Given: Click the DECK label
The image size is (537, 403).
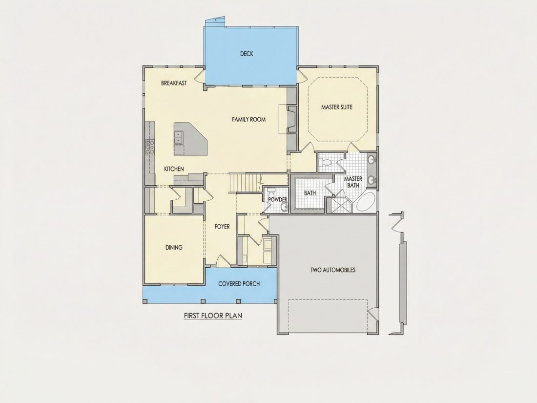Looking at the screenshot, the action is coord(247,53).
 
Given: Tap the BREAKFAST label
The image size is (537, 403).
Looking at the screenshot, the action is coord(174,83).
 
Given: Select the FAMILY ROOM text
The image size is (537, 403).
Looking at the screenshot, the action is coord(248,119).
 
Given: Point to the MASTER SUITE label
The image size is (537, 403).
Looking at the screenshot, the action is coord(337,107).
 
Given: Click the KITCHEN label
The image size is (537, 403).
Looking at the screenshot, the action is coord(174,169).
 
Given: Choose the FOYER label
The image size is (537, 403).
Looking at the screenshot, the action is coord(222,227).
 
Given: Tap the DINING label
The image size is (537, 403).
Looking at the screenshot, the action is coord(174,248).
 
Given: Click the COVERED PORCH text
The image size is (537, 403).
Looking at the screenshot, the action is coord(239,284).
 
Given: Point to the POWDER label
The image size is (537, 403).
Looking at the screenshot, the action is coord(278,199).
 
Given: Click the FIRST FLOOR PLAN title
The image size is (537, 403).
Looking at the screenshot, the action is coord(213,315).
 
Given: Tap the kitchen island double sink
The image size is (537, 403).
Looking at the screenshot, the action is coord(178,137).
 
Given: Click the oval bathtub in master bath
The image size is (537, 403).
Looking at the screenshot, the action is coord(366,203).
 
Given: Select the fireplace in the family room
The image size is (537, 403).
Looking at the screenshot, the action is coord(292,119).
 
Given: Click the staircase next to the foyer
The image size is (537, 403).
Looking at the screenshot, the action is coord(246,183).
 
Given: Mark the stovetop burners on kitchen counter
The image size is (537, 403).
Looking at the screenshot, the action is coord(150,148).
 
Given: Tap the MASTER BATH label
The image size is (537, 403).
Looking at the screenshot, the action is coord(353,182).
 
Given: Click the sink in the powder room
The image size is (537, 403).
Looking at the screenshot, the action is coord(284,206).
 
